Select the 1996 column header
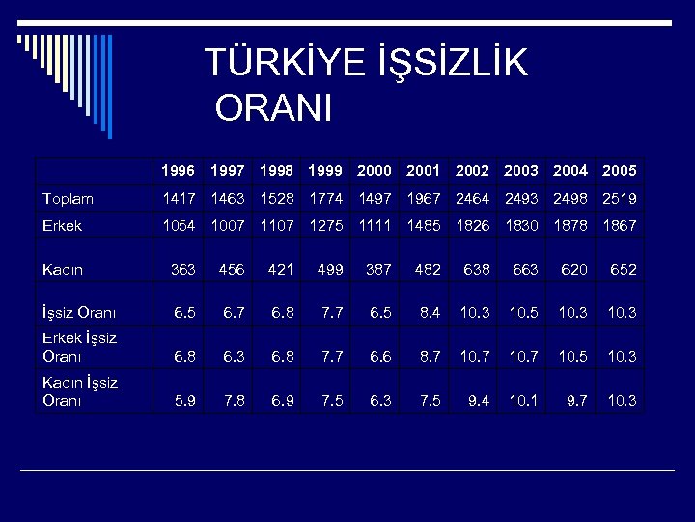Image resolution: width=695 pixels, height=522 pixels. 178,171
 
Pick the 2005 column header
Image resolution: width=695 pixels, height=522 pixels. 619,171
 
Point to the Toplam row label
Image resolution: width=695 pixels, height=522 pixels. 68,199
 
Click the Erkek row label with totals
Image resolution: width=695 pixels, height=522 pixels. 62,225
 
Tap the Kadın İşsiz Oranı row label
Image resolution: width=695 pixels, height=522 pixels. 80,391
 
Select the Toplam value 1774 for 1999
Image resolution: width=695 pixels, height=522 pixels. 326,199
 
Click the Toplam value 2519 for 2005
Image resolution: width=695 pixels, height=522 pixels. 619,199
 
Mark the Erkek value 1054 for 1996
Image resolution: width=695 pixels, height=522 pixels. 178,225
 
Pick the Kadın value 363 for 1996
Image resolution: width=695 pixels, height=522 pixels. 183,269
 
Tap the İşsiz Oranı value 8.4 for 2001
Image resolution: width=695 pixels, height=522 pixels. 430,312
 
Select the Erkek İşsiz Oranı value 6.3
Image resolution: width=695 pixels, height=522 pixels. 235,356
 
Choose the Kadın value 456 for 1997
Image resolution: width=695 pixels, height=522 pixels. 233,269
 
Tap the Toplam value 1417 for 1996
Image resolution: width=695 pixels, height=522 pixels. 178,199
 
